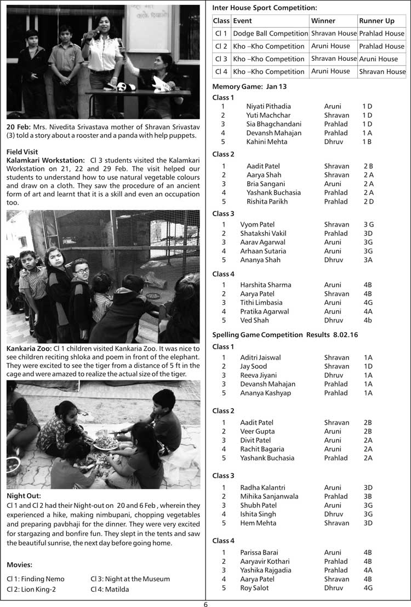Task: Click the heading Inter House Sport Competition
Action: [264, 8]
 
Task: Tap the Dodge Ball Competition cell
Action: [270, 33]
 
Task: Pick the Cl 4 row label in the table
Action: [221, 71]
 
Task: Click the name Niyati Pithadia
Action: [269, 106]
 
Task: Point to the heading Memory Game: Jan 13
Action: [249, 86]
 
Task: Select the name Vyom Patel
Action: [257, 224]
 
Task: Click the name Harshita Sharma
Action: [265, 285]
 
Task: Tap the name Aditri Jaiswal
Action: [260, 357]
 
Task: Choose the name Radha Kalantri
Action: [262, 487]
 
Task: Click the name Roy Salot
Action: [254, 588]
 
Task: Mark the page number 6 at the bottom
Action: [206, 604]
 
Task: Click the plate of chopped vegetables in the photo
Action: [108, 442]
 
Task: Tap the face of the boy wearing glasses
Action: [81, 272]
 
